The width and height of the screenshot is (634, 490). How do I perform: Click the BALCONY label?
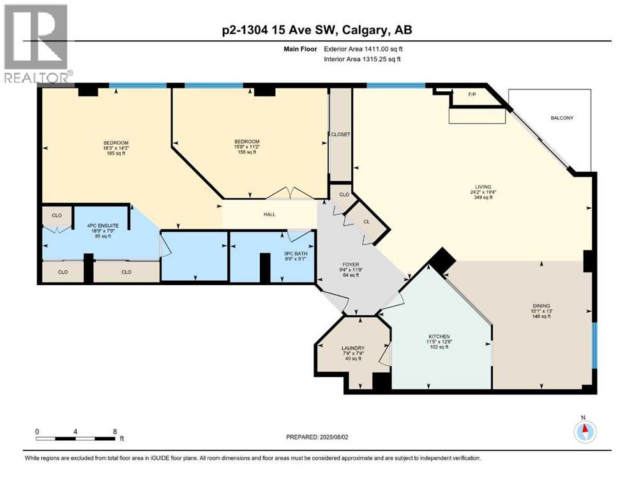tap(562, 118)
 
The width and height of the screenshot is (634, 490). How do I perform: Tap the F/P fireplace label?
tap(472, 94)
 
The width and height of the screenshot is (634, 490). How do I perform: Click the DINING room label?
tap(541, 306)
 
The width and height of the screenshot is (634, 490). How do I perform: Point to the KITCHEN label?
tap(439, 336)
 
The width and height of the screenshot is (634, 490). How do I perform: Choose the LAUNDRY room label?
tap(352, 348)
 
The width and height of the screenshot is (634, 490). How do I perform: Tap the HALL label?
tap(269, 214)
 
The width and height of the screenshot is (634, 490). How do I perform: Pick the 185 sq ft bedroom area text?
tap(116, 153)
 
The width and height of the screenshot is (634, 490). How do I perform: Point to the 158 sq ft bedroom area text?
tap(246, 152)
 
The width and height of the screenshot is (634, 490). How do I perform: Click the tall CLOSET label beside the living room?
tap(340, 135)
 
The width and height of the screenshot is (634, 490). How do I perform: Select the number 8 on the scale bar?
tap(114, 431)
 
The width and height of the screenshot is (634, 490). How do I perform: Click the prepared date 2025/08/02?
tap(338, 437)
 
